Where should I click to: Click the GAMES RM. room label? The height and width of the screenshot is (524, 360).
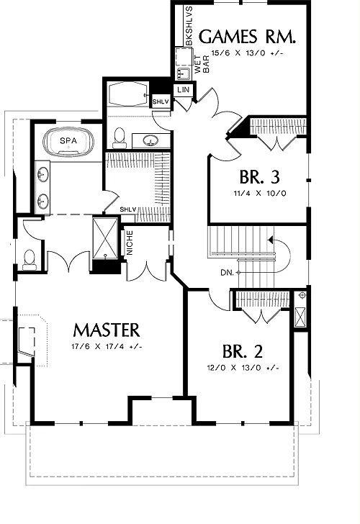[248, 37]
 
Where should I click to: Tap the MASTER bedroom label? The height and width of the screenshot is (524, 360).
[107, 330]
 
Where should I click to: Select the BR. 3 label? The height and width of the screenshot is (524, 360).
[259, 177]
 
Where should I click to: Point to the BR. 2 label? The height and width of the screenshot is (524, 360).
[243, 351]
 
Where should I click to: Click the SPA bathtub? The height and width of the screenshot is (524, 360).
[68, 143]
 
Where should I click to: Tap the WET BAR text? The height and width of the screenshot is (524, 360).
[202, 64]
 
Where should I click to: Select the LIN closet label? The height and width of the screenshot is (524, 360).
[183, 89]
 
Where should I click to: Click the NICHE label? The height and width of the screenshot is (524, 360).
[130, 243]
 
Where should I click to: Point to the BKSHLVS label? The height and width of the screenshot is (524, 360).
[189, 26]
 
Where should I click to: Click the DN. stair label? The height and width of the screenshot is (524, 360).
[227, 273]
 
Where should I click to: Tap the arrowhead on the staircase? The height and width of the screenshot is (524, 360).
[271, 240]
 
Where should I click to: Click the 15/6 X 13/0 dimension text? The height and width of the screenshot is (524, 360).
[247, 53]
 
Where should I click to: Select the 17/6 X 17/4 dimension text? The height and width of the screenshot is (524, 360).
[107, 346]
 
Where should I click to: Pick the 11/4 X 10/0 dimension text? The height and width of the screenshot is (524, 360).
[259, 193]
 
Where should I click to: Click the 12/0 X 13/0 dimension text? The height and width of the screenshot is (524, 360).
[243, 368]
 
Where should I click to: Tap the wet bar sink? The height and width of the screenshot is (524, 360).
[183, 73]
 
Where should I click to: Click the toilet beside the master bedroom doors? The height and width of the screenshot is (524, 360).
[29, 259]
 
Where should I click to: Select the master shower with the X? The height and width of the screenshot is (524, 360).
[105, 238]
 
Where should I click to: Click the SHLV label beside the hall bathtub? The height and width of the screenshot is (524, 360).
[161, 101]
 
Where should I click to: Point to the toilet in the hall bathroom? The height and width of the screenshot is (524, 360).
[119, 138]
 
